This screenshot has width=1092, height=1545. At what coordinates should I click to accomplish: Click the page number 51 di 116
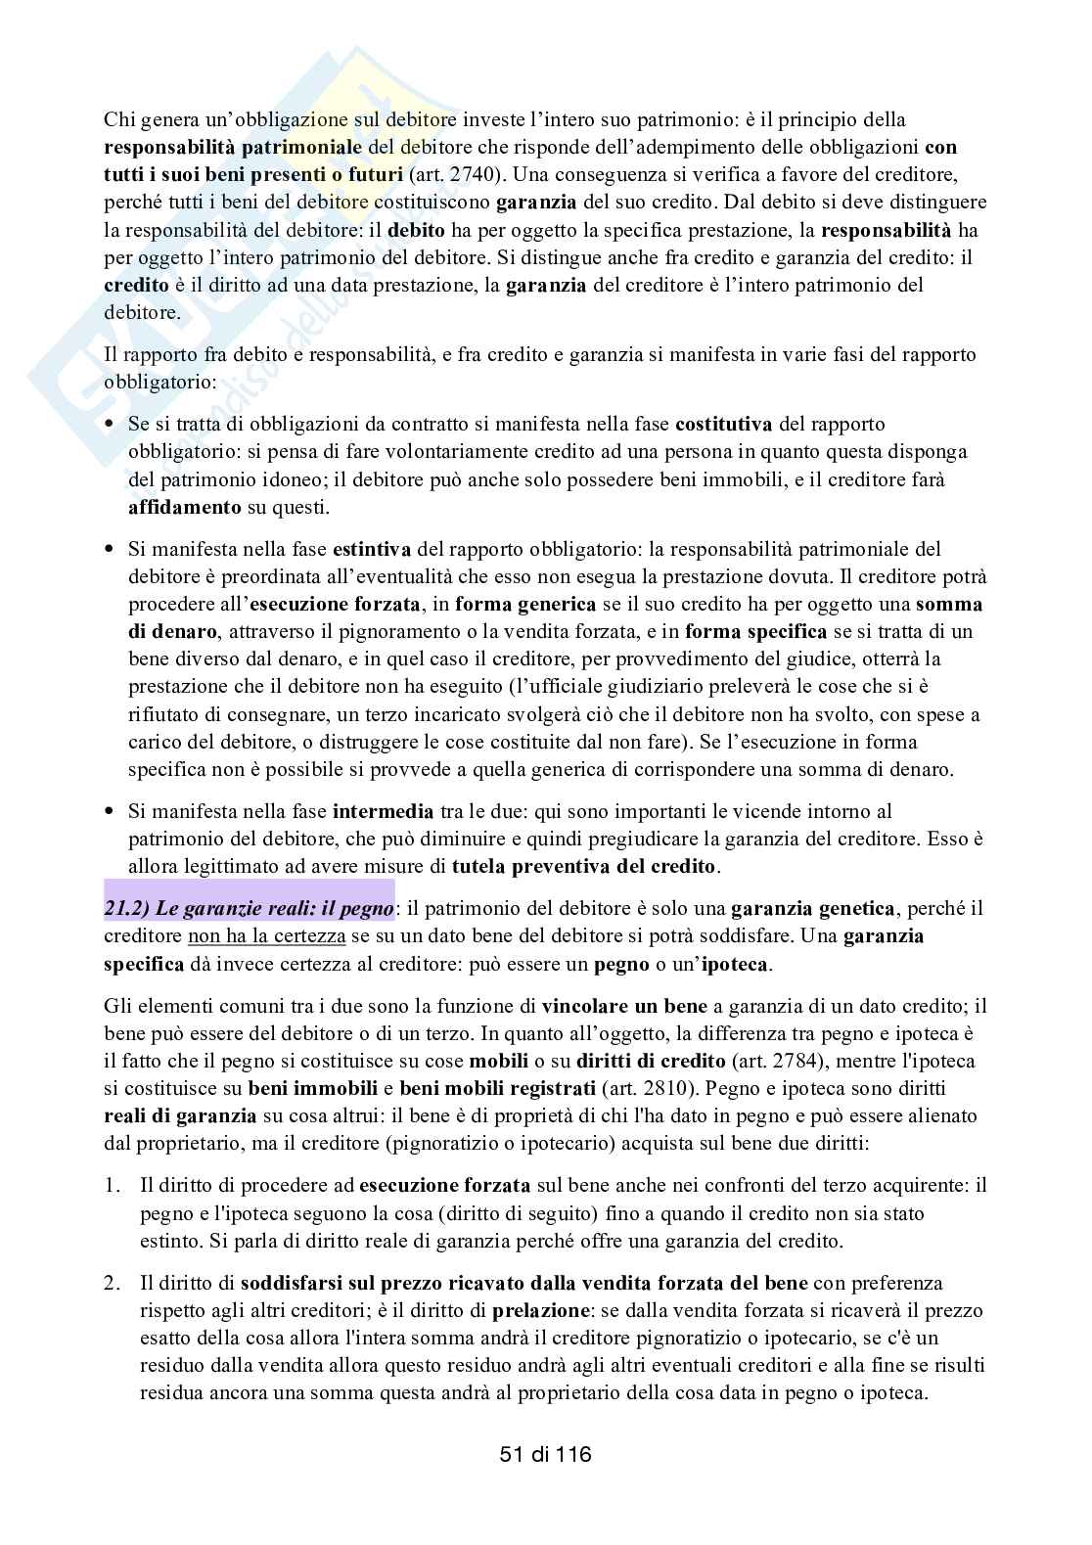click(545, 1454)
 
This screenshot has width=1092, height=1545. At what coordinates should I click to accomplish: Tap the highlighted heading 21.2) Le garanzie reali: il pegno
click(250, 908)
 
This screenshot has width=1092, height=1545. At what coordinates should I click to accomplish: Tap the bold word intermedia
click(383, 811)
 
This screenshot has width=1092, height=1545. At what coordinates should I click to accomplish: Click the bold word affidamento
click(185, 508)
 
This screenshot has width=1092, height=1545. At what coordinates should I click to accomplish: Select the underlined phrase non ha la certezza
click(266, 936)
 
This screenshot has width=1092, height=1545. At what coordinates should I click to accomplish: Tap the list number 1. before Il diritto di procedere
click(113, 1186)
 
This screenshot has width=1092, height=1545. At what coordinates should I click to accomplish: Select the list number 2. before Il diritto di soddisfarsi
click(113, 1283)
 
